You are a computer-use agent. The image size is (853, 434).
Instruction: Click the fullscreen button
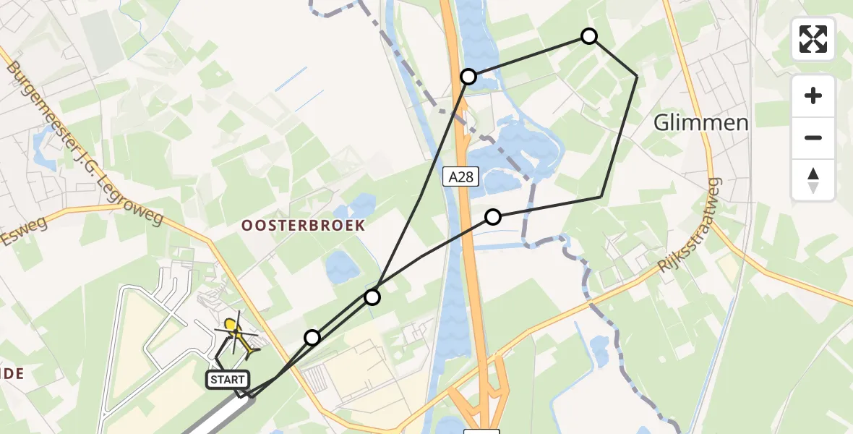click(x=813, y=39)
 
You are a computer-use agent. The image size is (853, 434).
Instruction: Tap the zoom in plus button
click(x=813, y=95)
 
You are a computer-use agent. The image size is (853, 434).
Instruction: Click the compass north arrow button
click(x=813, y=180)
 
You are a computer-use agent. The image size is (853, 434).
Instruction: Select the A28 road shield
click(x=460, y=175)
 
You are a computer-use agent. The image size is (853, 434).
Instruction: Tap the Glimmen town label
click(x=700, y=122)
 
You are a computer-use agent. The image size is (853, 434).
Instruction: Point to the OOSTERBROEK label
click(x=303, y=226)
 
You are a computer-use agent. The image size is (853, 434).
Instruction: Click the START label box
click(x=228, y=379)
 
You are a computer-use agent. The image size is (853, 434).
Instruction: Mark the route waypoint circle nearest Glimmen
click(x=589, y=36)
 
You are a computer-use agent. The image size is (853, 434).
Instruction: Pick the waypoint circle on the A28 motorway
click(x=468, y=76)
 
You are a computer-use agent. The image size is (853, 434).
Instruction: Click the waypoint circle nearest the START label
click(x=312, y=338)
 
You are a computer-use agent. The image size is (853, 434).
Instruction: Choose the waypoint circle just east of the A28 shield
click(x=493, y=216)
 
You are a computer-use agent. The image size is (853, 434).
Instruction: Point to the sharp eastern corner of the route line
click(x=636, y=75)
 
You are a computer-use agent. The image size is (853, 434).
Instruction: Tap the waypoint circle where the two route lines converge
click(x=372, y=297)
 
